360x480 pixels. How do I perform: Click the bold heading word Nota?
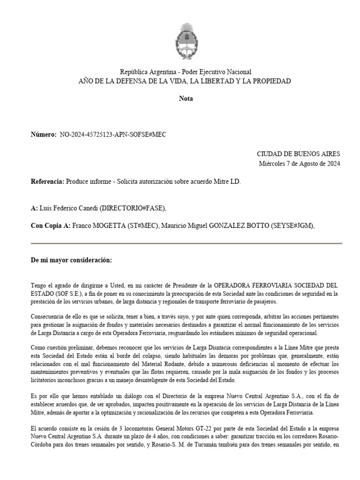(x=186, y=98)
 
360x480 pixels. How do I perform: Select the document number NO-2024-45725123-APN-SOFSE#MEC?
(x=113, y=135)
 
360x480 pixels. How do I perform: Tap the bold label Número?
(x=44, y=135)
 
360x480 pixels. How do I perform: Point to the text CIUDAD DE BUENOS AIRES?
(x=299, y=154)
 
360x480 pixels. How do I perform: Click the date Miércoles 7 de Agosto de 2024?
(x=300, y=164)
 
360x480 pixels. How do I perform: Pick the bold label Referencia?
(x=47, y=181)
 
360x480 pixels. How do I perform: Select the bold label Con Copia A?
(x=51, y=225)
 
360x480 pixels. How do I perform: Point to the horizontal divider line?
(x=186, y=243)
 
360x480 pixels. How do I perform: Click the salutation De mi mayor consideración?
(x=71, y=260)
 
